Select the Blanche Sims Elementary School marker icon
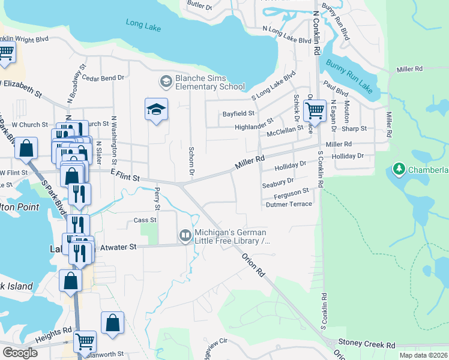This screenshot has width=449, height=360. [166, 80]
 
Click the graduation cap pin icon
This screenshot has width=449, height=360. [156, 109]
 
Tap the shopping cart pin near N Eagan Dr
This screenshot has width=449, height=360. [314, 110]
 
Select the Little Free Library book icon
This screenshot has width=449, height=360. [185, 236]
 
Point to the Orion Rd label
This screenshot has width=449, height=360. [253, 263]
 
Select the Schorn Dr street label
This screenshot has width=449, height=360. [191, 161]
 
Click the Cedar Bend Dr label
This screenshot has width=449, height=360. [103, 77]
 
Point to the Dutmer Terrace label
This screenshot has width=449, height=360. [289, 204]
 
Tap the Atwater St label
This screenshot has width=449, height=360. [119, 247]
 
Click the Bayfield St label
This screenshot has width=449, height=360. [238, 113]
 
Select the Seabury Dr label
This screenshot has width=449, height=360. [278, 181]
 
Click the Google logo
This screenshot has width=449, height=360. [20, 353]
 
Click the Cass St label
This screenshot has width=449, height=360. [145, 220]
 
